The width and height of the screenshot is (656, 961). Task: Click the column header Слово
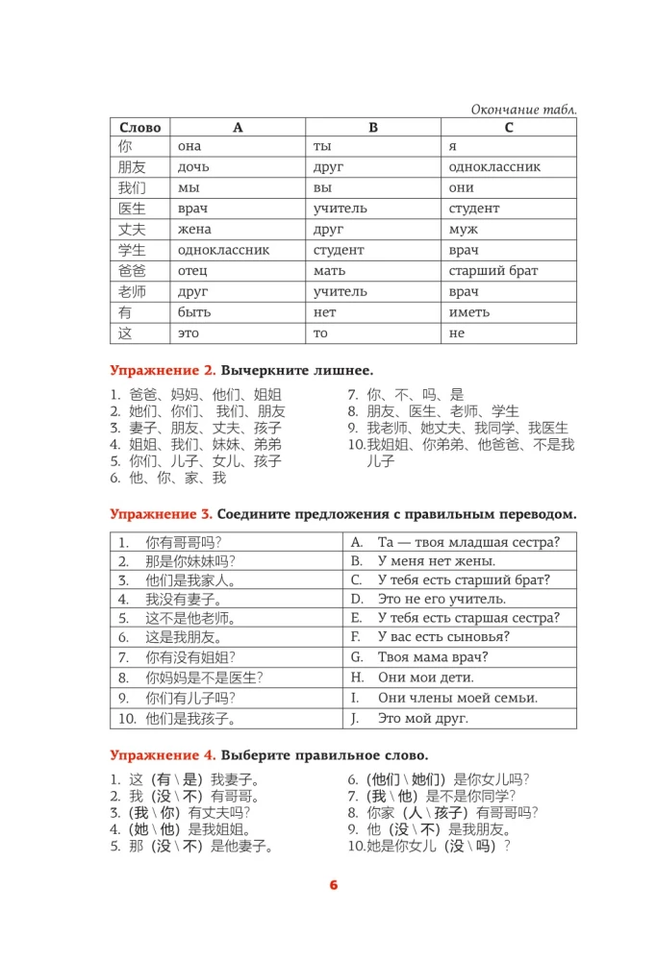tap(140, 127)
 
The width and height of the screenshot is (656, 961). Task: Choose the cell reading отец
tap(192, 271)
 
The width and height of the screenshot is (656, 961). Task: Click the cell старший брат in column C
tap(493, 271)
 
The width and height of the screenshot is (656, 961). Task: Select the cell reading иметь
tap(469, 312)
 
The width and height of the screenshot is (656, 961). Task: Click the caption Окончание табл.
tap(523, 110)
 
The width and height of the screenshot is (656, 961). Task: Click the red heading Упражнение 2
tap(163, 370)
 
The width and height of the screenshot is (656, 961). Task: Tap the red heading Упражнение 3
tap(163, 512)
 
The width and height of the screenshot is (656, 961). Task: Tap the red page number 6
tap(334, 884)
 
